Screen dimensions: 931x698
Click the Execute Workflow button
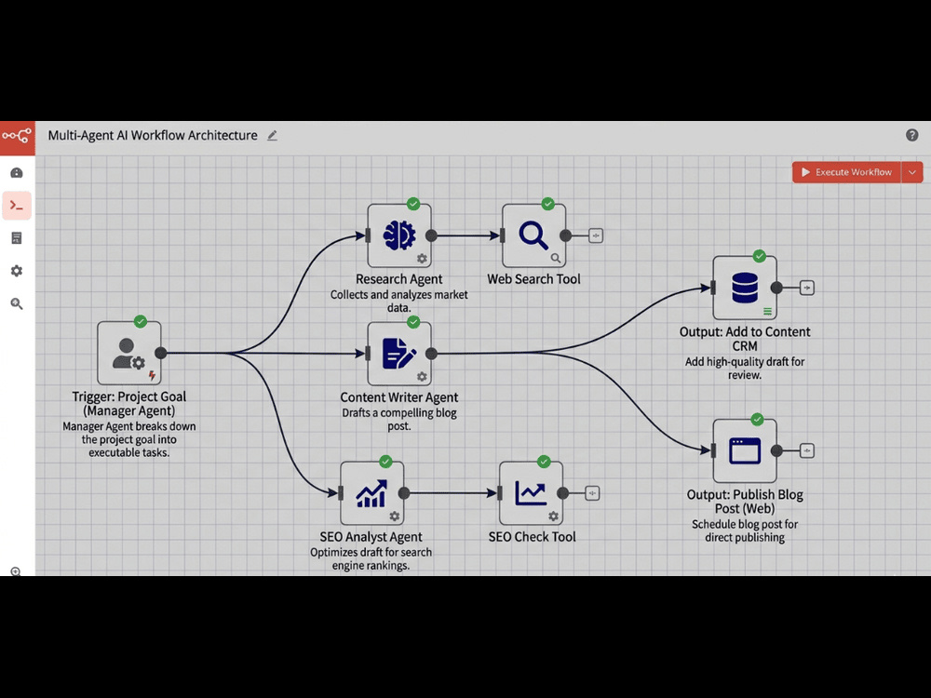tap(846, 172)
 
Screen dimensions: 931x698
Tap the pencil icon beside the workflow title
tap(272, 135)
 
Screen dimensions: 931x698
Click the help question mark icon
tap(912, 135)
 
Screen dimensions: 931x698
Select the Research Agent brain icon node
tap(399, 235)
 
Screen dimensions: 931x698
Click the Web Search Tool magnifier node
tap(533, 235)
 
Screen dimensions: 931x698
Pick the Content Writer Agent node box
tap(399, 354)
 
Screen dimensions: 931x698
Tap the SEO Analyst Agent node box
tap(371, 493)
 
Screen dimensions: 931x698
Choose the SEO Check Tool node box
tap(531, 493)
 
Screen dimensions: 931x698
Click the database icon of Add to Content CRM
tap(745, 288)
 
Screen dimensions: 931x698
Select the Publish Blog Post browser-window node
tap(745, 451)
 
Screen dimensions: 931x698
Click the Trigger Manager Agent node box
tap(128, 353)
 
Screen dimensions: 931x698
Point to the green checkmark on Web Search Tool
tap(547, 204)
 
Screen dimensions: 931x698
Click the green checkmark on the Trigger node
tap(141, 322)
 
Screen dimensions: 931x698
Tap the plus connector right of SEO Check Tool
tap(592, 493)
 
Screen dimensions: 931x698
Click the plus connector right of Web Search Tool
tap(596, 235)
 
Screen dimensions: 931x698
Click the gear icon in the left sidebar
tap(17, 271)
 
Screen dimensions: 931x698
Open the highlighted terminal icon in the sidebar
tap(17, 206)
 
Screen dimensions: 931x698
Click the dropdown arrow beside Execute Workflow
tap(912, 172)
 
